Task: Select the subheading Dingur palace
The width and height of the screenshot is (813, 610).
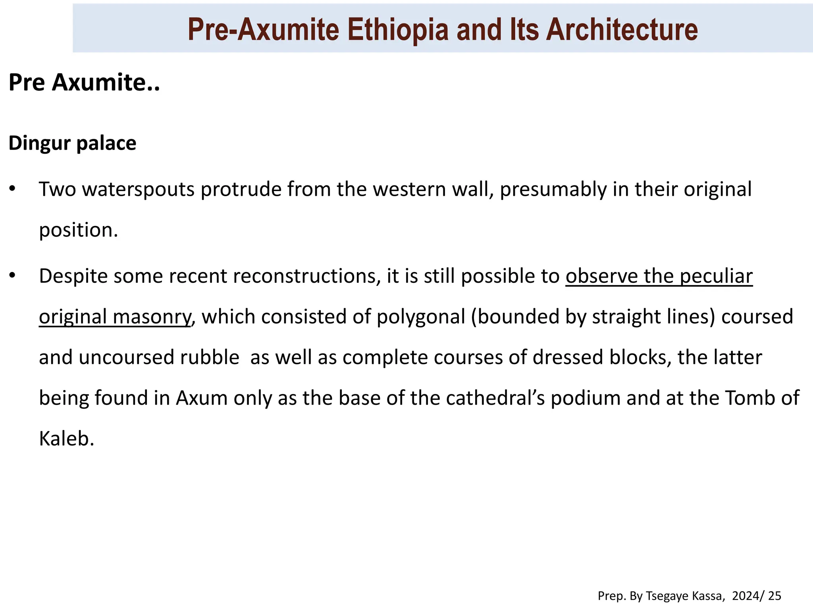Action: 72,143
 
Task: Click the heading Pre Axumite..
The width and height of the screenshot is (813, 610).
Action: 84,82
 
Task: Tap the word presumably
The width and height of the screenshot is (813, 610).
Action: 553,189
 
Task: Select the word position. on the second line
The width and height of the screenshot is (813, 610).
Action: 79,230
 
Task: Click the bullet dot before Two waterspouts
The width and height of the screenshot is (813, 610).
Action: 13,188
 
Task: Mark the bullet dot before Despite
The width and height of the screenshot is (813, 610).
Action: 13,275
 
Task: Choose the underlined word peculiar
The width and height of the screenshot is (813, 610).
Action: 716,276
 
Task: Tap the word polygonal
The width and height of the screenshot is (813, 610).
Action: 421,317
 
